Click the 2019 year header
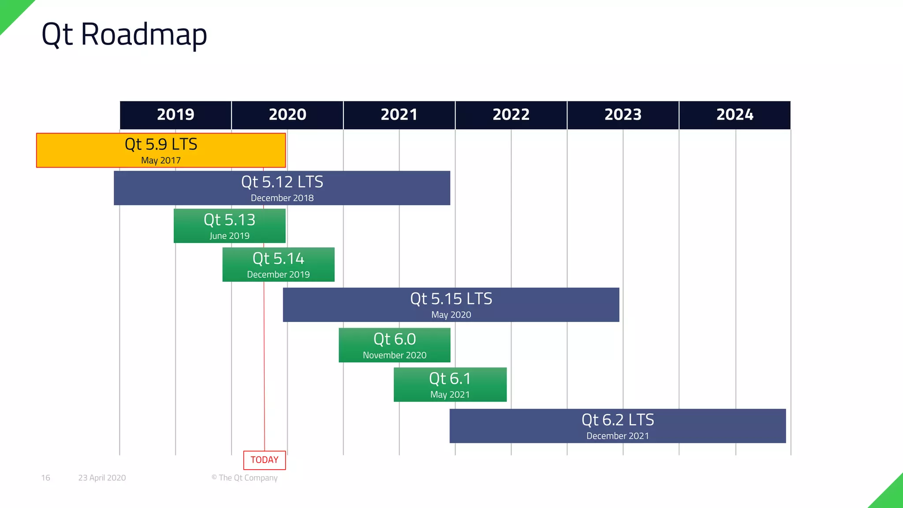[175, 115]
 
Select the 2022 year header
[511, 115]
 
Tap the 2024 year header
[735, 115]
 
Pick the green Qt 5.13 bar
[229, 226]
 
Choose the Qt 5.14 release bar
[278, 264]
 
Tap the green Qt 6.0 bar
[394, 345]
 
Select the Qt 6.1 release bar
[450, 384]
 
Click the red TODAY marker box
[265, 460]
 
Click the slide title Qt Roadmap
[124, 34]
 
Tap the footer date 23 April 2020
[102, 478]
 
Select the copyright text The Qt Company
[245, 478]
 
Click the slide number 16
[45, 478]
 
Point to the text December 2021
[617, 436]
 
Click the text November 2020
[394, 355]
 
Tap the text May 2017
[161, 161]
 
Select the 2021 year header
[399, 115]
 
